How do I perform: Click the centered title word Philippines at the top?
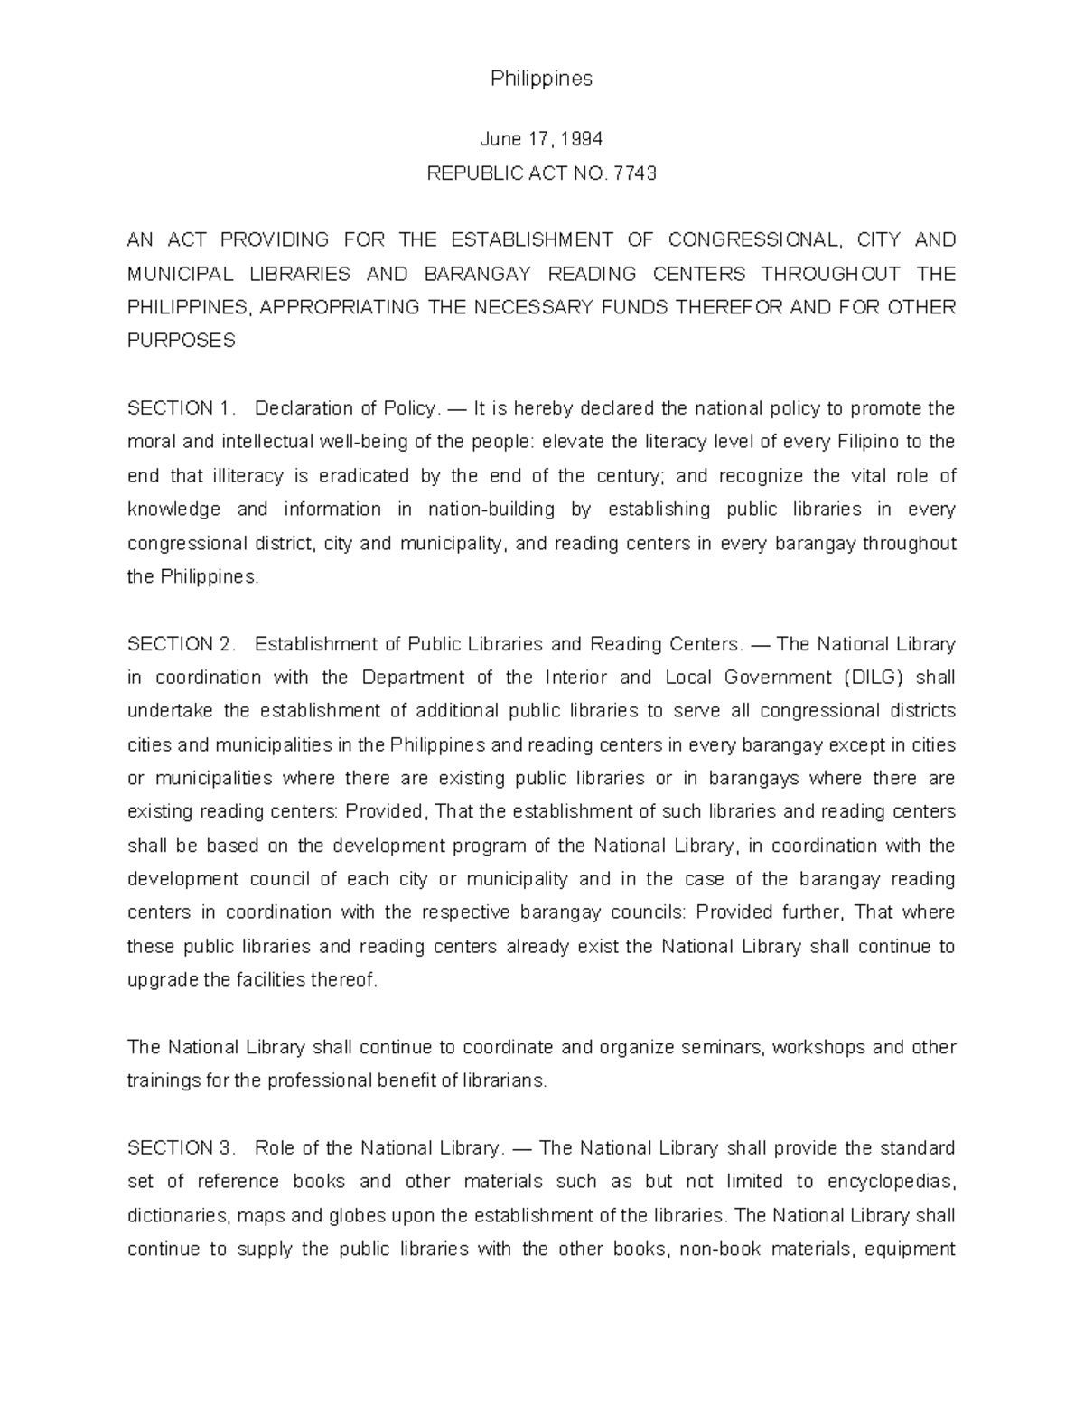pyautogui.click(x=541, y=79)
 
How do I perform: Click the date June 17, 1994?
pyautogui.click(x=541, y=139)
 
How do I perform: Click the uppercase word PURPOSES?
pyautogui.click(x=181, y=341)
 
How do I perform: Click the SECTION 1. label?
pyautogui.click(x=182, y=408)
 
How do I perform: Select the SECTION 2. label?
pyautogui.click(x=182, y=644)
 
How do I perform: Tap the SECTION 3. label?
pyautogui.click(x=182, y=1148)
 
